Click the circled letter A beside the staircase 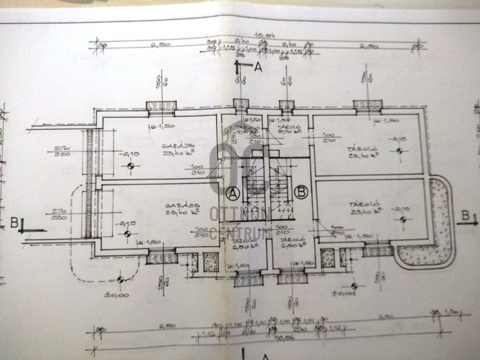click(x=233, y=193)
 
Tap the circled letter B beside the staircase click(x=301, y=193)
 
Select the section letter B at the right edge click(x=466, y=214)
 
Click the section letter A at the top click(x=258, y=67)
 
